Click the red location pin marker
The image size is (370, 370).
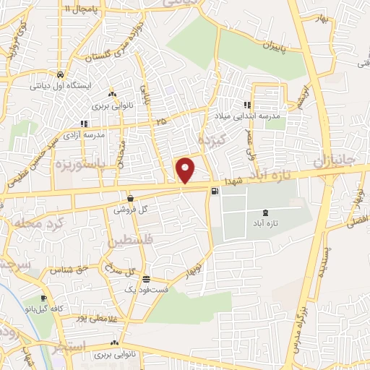click(x=186, y=170)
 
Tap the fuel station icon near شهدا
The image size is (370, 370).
click(x=215, y=192)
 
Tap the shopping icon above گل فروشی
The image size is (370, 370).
click(x=129, y=198)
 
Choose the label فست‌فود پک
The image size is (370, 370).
click(x=146, y=290)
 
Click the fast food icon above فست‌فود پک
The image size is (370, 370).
click(x=146, y=279)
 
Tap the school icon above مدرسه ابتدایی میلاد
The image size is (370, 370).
click(x=249, y=105)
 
